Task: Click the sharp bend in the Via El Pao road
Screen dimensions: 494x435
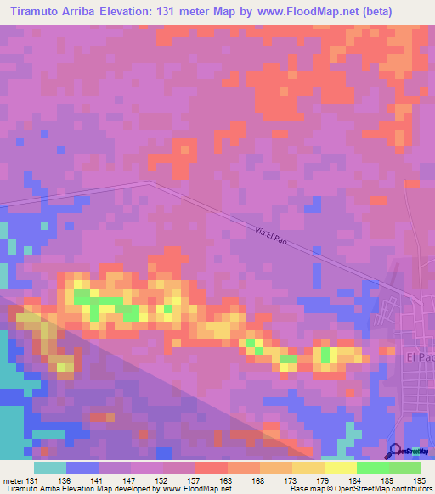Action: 149,182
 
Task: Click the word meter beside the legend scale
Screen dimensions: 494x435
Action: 11,480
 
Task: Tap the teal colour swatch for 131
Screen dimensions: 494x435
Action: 50,468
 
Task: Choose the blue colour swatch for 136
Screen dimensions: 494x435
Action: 82,468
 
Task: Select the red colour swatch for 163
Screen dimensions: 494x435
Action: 211,468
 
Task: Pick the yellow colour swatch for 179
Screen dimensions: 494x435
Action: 308,468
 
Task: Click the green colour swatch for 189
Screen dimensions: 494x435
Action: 372,468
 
